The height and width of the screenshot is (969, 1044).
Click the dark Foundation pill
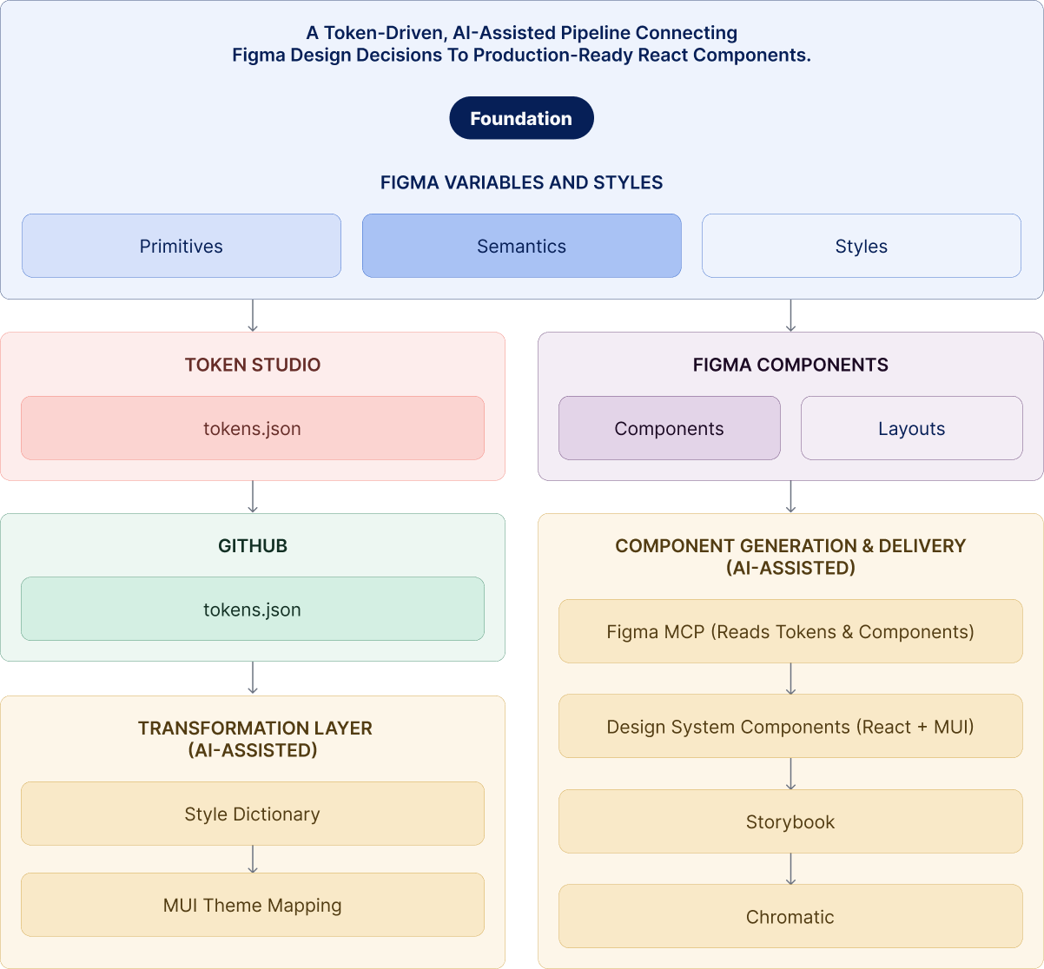point(521,118)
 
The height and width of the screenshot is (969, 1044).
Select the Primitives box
point(181,246)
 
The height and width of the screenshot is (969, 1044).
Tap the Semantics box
point(521,246)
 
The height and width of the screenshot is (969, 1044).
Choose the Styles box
point(861,246)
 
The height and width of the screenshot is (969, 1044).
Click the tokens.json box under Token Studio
point(252,428)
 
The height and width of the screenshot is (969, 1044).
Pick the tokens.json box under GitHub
point(252,610)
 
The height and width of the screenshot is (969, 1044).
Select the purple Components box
point(669,428)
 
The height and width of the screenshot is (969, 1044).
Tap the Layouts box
point(911,428)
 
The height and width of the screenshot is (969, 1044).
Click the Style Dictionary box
point(252,814)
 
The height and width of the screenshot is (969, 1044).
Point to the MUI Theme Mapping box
point(252,905)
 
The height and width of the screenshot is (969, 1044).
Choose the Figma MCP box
point(790,631)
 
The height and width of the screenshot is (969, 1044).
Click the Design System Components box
point(790,726)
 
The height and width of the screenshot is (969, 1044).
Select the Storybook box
point(790,821)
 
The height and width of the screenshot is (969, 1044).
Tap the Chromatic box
point(790,916)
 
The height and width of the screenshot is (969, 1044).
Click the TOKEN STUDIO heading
point(252,365)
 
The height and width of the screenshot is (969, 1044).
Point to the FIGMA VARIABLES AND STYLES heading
point(521,182)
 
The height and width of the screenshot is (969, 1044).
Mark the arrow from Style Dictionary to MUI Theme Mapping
point(252,859)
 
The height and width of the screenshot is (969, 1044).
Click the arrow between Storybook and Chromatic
point(790,868)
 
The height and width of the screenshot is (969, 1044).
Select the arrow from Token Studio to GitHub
point(252,497)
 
